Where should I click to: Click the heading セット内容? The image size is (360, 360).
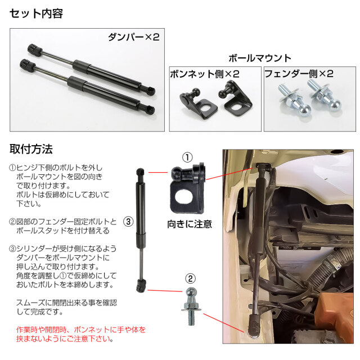click(x=36, y=13)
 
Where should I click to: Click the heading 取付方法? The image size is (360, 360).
click(x=31, y=149)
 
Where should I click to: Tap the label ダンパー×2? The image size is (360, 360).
click(x=134, y=37)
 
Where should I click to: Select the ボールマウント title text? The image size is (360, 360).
click(x=260, y=58)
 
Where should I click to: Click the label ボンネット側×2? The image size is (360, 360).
click(x=205, y=74)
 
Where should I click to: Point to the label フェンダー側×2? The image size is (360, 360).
click(x=299, y=74)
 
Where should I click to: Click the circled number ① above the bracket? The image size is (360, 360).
click(x=187, y=157)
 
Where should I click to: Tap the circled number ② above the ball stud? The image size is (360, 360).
click(x=190, y=279)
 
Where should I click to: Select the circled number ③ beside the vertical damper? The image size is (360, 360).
click(x=128, y=222)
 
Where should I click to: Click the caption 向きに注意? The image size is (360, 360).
click(x=190, y=224)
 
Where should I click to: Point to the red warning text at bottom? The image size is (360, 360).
click(x=81, y=334)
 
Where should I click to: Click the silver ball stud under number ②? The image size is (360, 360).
click(x=191, y=306)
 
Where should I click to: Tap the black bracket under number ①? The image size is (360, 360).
click(x=187, y=188)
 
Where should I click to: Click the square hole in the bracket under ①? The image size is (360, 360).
click(x=184, y=196)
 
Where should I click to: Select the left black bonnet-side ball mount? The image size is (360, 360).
click(x=198, y=103)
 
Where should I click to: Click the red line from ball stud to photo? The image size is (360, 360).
click(x=224, y=323)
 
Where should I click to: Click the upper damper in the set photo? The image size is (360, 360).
click(x=91, y=69)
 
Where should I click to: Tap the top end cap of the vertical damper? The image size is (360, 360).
click(x=140, y=172)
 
